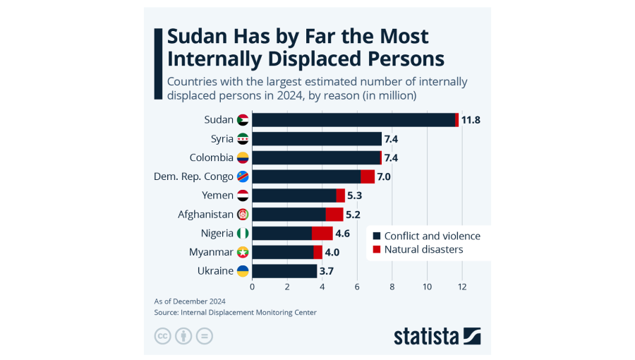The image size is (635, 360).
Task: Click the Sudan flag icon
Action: coord(243,120)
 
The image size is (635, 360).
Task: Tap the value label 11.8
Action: coord(471,120)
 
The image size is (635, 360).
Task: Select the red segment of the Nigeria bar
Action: coord(322,233)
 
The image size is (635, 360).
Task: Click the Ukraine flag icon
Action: coord(243,271)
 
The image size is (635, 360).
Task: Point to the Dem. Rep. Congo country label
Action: coord(193,176)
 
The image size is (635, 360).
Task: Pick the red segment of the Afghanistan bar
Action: coord(334,214)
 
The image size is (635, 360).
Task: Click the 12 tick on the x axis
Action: coord(462,287)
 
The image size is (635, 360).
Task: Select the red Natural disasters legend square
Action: coord(377,249)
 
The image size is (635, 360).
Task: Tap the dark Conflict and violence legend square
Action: coord(377,236)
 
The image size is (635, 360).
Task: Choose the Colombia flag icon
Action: coord(243,157)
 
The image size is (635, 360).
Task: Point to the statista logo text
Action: coord(426,336)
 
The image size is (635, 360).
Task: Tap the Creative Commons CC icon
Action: coord(163,336)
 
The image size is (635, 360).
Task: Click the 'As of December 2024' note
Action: coord(186,301)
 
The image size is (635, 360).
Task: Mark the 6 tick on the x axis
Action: coord(357,287)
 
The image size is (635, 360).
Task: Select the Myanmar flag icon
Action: coord(243,252)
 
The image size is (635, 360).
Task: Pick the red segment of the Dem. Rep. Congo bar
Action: coord(368,176)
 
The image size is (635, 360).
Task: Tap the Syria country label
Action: coord(222,139)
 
